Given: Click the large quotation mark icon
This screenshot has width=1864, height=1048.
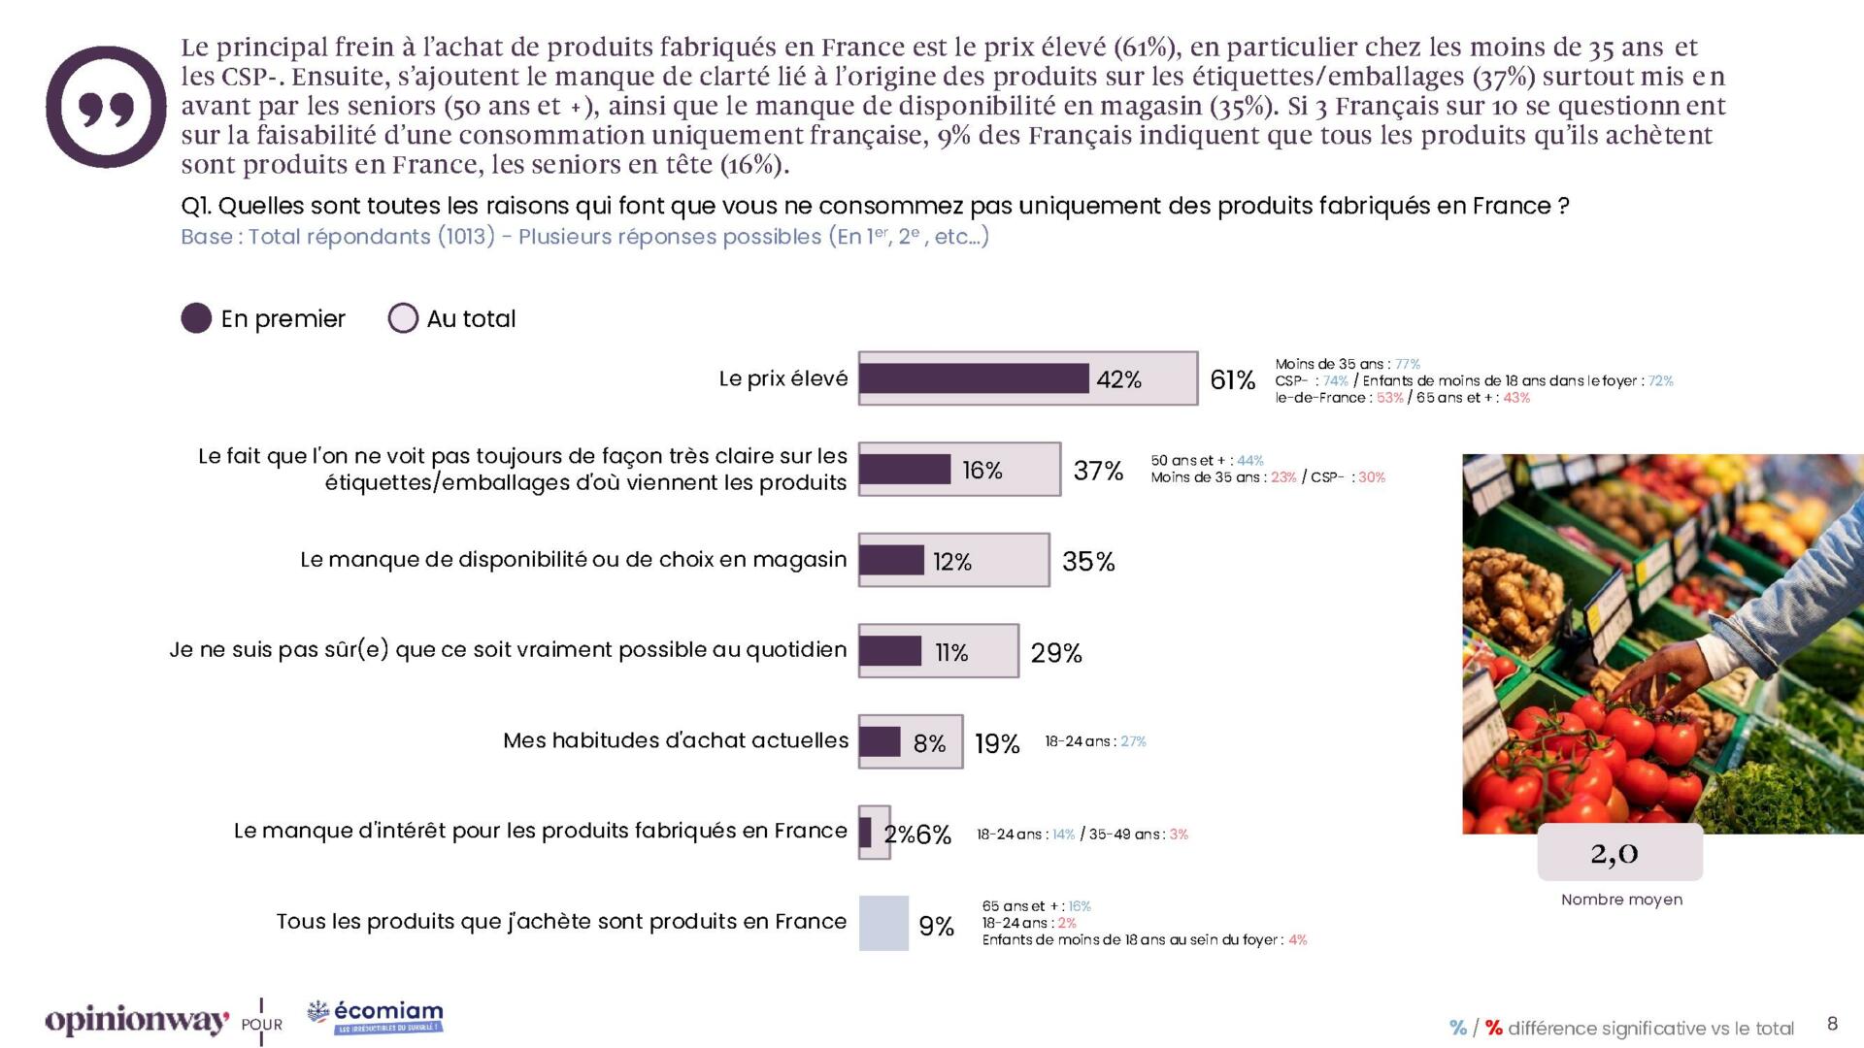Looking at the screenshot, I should click(106, 107).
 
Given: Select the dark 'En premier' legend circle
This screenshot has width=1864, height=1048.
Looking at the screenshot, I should click(196, 318).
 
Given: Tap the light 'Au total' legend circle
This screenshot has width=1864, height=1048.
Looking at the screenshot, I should click(403, 318).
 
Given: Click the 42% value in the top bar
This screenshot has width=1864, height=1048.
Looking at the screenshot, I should click(1118, 379).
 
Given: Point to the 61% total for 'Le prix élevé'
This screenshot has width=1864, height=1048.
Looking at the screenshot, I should click(1232, 379).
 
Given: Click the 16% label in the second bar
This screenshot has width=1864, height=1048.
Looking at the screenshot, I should click(982, 471).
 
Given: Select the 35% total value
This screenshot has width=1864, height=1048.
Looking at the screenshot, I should click(1088, 562).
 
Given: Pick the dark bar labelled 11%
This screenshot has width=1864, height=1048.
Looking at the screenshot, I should click(890, 651).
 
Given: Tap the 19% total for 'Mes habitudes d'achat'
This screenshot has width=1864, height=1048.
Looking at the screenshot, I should click(997, 743).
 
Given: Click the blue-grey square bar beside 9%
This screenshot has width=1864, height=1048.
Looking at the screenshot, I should click(883, 923).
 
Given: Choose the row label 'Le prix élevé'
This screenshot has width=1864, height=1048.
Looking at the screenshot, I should click(783, 378).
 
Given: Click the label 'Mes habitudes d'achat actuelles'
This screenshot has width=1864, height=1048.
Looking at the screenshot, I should click(676, 740).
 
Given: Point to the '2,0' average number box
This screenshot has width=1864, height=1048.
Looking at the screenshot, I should click(1619, 853).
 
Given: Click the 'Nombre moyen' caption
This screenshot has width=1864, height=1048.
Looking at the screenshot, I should click(1621, 900).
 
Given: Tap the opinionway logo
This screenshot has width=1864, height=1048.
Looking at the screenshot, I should click(137, 1021).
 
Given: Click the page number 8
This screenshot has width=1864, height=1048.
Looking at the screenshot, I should click(1832, 1024).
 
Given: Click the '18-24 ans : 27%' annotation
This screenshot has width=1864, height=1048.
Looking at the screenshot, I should click(1095, 741).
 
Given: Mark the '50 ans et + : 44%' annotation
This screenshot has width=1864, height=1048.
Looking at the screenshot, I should click(1207, 461).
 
